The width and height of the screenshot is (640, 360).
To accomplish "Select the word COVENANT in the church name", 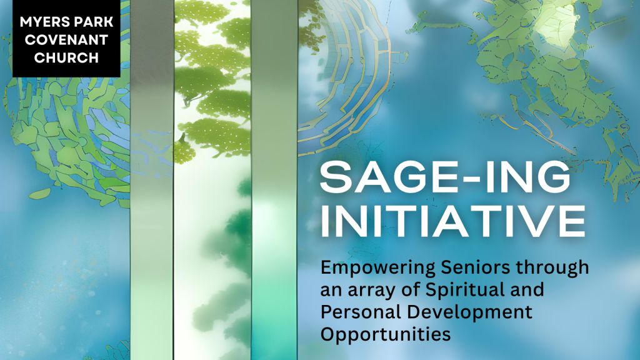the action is pyautogui.click(x=66, y=40).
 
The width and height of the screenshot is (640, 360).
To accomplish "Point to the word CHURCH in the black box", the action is pyautogui.click(x=66, y=58).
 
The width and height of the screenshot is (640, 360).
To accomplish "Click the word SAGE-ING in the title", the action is pyautogui.click(x=445, y=177).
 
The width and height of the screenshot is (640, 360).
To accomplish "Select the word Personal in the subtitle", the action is pyautogui.click(x=361, y=312).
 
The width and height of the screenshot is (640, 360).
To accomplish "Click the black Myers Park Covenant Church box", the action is pyautogui.click(x=66, y=38).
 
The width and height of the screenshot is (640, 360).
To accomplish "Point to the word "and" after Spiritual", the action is pyautogui.click(x=527, y=290).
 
